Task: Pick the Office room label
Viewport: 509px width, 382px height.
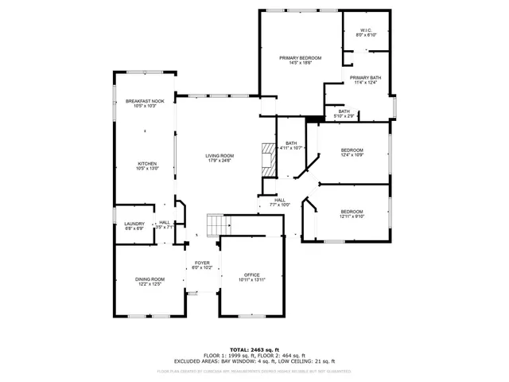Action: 251,277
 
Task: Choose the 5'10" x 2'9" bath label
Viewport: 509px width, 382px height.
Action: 344,114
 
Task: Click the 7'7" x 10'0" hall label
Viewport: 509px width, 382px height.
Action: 280,202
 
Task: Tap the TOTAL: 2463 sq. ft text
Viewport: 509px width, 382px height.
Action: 254,349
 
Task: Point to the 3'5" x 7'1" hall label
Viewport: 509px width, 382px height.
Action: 164,224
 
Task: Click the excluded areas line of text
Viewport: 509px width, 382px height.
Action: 254,361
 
